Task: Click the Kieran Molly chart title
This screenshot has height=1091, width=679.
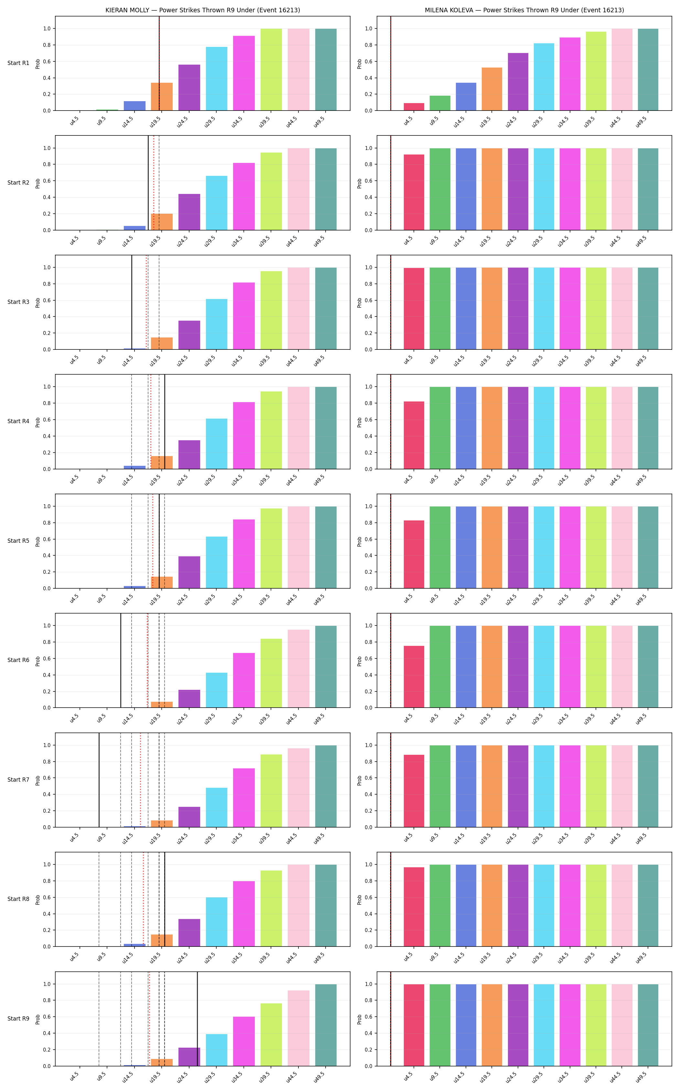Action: [x=202, y=10]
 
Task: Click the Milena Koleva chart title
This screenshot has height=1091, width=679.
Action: [x=524, y=10]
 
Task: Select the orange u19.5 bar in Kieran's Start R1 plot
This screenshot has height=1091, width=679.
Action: [x=162, y=97]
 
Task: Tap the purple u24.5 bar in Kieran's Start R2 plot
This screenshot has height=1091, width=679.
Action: [x=189, y=212]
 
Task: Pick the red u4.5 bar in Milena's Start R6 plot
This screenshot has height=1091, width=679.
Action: [x=414, y=677]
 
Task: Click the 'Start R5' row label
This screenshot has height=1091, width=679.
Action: [x=18, y=540]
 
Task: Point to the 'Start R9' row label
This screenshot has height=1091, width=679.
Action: [x=18, y=1018]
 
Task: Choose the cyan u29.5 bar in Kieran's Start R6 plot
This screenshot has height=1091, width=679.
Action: [x=216, y=690]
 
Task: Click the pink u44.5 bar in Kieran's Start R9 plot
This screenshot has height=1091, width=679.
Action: [x=299, y=1028]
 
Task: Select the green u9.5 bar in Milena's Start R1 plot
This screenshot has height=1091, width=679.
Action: [x=440, y=103]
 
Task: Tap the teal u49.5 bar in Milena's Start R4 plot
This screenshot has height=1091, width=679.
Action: [x=648, y=428]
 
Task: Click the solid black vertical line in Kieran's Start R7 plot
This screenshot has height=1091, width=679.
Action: [x=99, y=780]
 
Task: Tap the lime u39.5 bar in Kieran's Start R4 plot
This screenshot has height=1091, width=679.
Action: [x=271, y=430]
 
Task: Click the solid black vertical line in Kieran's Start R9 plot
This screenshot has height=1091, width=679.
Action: [x=197, y=1019]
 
